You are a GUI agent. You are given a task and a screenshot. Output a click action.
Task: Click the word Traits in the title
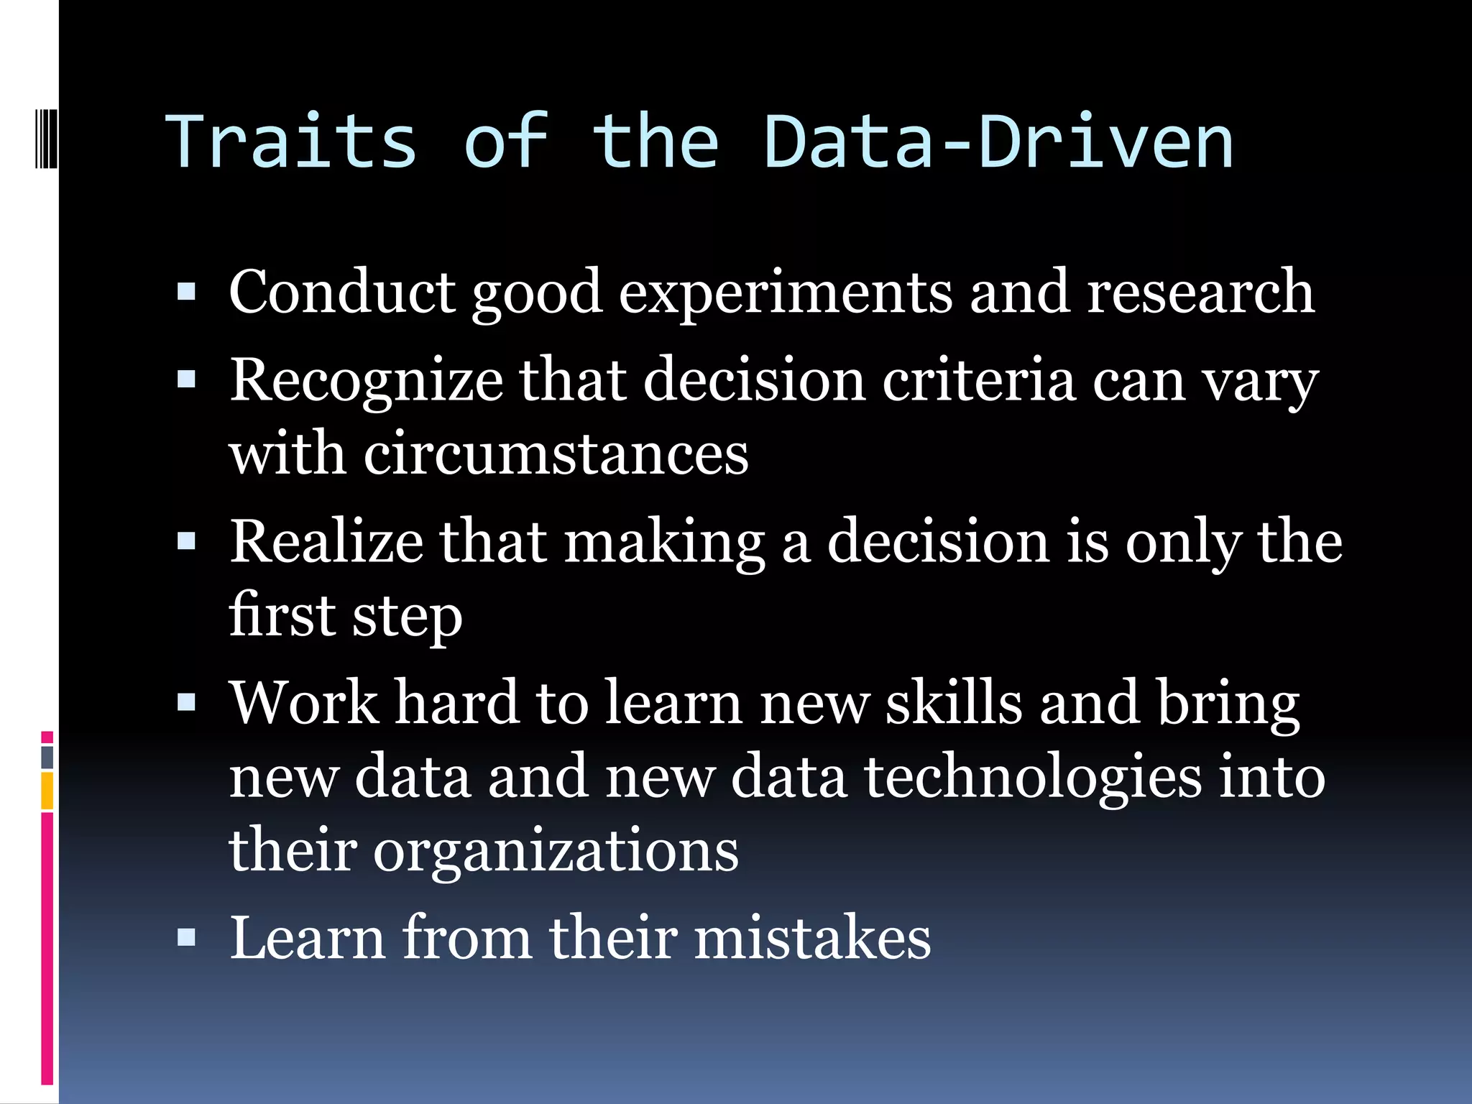(x=291, y=142)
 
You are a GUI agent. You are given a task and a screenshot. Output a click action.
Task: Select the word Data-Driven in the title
(x=998, y=142)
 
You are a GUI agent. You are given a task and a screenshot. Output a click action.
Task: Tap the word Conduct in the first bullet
(x=342, y=292)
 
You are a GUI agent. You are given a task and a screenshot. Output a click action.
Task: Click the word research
(x=1200, y=292)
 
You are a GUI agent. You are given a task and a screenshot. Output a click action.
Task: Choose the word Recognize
(x=366, y=382)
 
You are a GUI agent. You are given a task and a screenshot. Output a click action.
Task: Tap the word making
(x=665, y=543)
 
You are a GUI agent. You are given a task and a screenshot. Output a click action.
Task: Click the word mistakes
(x=812, y=937)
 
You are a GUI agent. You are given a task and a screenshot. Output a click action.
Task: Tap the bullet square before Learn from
(x=186, y=937)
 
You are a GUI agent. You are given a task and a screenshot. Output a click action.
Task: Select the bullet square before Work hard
(x=186, y=702)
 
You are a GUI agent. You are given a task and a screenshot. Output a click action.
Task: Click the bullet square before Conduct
(x=186, y=292)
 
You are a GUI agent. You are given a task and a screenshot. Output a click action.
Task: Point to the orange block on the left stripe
(x=47, y=791)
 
